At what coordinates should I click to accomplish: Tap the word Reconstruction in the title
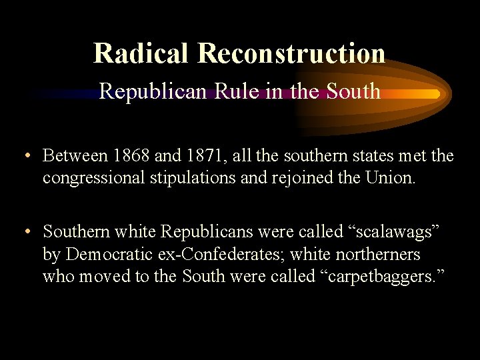[291, 53]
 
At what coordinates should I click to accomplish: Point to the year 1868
[131, 156]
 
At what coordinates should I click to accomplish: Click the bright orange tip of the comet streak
[434, 95]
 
